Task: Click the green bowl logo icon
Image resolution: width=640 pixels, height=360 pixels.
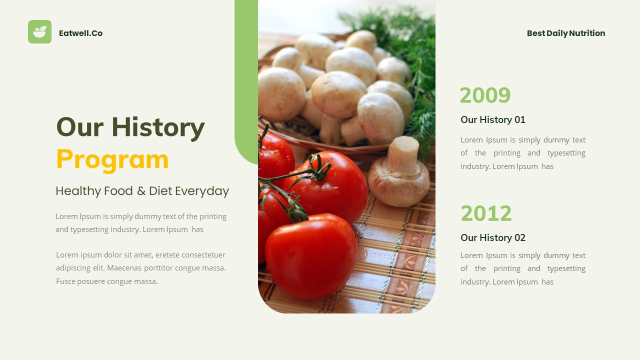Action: [x=39, y=32]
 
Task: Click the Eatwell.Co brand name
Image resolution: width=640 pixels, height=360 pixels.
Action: [x=80, y=33]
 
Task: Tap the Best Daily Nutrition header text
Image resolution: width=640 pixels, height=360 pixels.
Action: [x=565, y=33]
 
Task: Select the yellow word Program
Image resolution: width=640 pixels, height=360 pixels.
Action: [x=112, y=159]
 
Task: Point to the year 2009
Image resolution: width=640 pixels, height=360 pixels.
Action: [x=485, y=95]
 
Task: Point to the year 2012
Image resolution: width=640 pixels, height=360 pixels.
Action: [x=486, y=213]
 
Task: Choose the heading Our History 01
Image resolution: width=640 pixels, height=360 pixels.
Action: [x=492, y=119]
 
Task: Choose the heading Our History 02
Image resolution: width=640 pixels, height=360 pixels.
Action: [x=492, y=237]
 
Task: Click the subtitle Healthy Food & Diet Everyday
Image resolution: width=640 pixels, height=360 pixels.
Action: [x=142, y=191]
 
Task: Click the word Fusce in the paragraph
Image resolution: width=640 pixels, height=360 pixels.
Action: [x=65, y=281]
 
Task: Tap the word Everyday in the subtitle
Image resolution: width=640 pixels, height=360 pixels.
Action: [x=202, y=191]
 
